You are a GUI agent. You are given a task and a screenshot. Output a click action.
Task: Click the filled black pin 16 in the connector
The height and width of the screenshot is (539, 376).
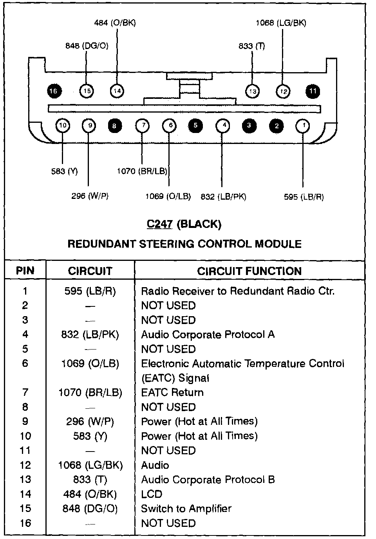coord(53,91)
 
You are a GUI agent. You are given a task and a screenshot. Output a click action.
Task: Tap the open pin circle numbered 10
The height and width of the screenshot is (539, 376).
coord(63,126)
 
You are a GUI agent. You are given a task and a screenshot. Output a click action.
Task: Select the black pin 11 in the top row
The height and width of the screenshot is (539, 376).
coord(313,91)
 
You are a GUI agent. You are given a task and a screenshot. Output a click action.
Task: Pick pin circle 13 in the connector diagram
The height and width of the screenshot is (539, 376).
coord(253,91)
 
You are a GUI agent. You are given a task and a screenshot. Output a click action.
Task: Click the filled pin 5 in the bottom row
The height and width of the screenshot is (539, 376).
coord(195,126)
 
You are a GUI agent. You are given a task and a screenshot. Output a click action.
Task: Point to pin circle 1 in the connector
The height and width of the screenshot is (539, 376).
coord(303,126)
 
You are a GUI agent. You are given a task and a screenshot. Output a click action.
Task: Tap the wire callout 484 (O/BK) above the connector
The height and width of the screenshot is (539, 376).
coord(115,23)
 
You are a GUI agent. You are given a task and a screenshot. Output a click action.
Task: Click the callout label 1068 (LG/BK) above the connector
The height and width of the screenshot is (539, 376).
coord(281,23)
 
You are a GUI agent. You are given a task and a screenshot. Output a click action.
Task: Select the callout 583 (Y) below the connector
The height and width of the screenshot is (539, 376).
coord(64,171)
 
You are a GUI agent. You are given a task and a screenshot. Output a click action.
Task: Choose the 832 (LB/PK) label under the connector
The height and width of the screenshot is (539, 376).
coord(223,197)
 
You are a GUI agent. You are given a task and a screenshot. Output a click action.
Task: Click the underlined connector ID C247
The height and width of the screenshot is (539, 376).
coord(159,224)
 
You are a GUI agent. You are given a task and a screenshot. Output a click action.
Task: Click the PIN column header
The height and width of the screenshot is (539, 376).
coord(25,271)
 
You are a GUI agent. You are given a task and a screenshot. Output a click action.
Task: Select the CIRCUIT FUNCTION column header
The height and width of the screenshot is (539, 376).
coord(249,271)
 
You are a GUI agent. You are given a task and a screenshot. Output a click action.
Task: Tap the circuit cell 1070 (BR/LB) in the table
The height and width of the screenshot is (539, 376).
coord(90,392)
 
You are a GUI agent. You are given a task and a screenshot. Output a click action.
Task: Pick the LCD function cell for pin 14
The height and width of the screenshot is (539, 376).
coord(152,494)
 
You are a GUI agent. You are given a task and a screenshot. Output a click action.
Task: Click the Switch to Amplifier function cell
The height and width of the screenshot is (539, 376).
coord(186,509)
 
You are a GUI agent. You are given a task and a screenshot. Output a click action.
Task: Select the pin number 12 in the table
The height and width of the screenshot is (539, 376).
coord(25,465)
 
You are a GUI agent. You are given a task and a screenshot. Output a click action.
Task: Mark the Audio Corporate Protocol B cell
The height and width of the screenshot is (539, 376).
coord(208,480)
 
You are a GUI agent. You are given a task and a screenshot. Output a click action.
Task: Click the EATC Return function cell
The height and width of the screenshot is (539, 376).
coord(172,392)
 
